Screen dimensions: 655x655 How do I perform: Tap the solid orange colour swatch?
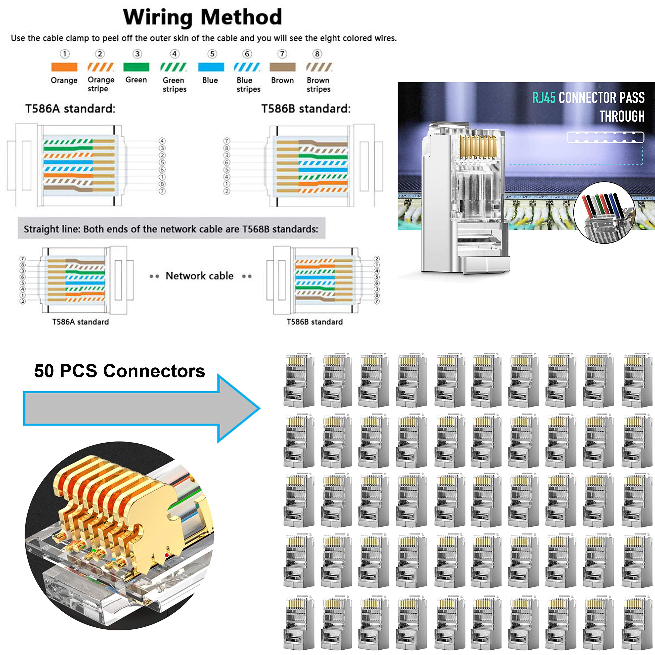pyautogui.click(x=64, y=67)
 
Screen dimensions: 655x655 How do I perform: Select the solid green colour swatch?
pyautogui.click(x=136, y=67)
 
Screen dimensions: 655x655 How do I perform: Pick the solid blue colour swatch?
pyautogui.click(x=211, y=67)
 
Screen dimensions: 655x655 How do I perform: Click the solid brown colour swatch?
pyautogui.click(x=282, y=67)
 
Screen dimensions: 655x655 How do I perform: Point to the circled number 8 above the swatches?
pyautogui.click(x=317, y=54)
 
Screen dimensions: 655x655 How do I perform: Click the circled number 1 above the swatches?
pyautogui.click(x=65, y=54)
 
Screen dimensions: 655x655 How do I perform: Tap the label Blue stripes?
pyautogui.click(x=248, y=85)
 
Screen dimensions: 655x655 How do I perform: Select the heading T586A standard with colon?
pyautogui.click(x=70, y=109)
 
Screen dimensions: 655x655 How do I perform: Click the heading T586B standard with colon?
pyautogui.click(x=306, y=109)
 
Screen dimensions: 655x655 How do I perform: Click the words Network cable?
pyautogui.click(x=199, y=276)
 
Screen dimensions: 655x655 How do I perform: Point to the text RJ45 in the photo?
pyautogui.click(x=543, y=98)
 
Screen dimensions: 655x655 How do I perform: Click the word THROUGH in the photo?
pyautogui.click(x=622, y=116)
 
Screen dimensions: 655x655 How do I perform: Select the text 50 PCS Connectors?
pyautogui.click(x=119, y=371)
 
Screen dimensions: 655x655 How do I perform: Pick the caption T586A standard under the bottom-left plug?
pyautogui.click(x=80, y=322)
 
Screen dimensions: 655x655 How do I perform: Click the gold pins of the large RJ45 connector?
pyautogui.click(x=478, y=146)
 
